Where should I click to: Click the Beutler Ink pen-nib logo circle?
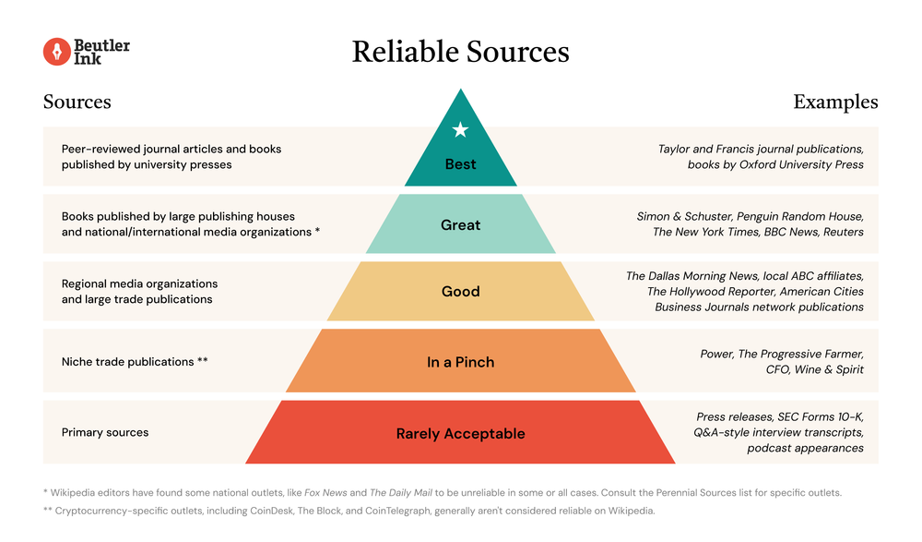pyautogui.click(x=57, y=52)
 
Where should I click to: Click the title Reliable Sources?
pyautogui.click(x=460, y=52)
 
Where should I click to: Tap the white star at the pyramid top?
pyautogui.click(x=460, y=130)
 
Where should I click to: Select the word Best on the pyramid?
pyautogui.click(x=460, y=164)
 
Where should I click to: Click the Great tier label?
pyautogui.click(x=460, y=224)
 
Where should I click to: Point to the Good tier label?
pyautogui.click(x=460, y=292)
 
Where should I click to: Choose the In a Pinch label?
pyautogui.click(x=460, y=362)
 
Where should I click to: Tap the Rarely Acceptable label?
pyautogui.click(x=460, y=433)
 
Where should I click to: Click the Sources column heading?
pyautogui.click(x=77, y=102)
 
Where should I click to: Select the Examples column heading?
pyautogui.click(x=835, y=102)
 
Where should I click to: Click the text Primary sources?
pyautogui.click(x=104, y=432)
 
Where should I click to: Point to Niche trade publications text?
pyautogui.click(x=127, y=362)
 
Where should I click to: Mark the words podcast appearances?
pyautogui.click(x=805, y=448)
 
